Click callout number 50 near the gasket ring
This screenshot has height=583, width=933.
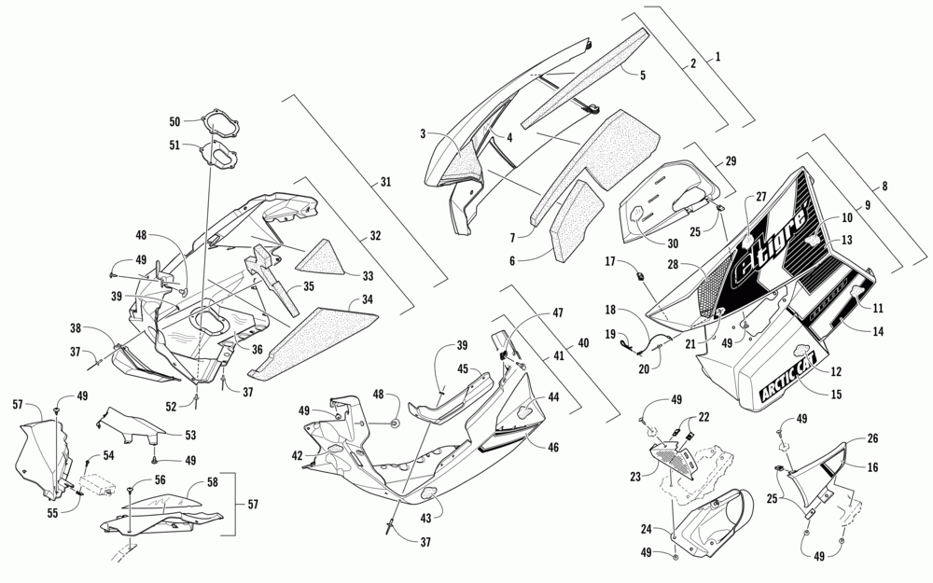tap(174, 122)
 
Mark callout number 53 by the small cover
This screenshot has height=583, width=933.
tap(190, 434)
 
